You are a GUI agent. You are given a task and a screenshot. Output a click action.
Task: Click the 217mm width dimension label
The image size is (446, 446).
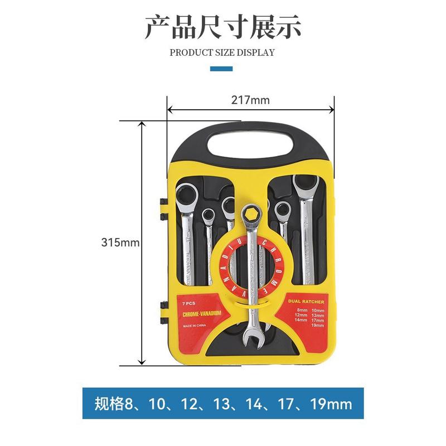coord(250,100)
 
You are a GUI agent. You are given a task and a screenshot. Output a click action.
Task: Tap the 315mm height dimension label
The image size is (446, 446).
coord(120,243)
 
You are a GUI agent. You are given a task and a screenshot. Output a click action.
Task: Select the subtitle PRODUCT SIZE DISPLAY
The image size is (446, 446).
coord(222,53)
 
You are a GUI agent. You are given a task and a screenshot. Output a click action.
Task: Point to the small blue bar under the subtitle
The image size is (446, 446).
coord(221,69)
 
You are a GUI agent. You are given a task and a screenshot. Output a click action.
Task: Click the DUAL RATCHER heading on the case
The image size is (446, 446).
coord(310,301)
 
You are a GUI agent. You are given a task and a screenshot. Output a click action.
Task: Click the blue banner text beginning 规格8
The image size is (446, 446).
coord(223,403)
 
